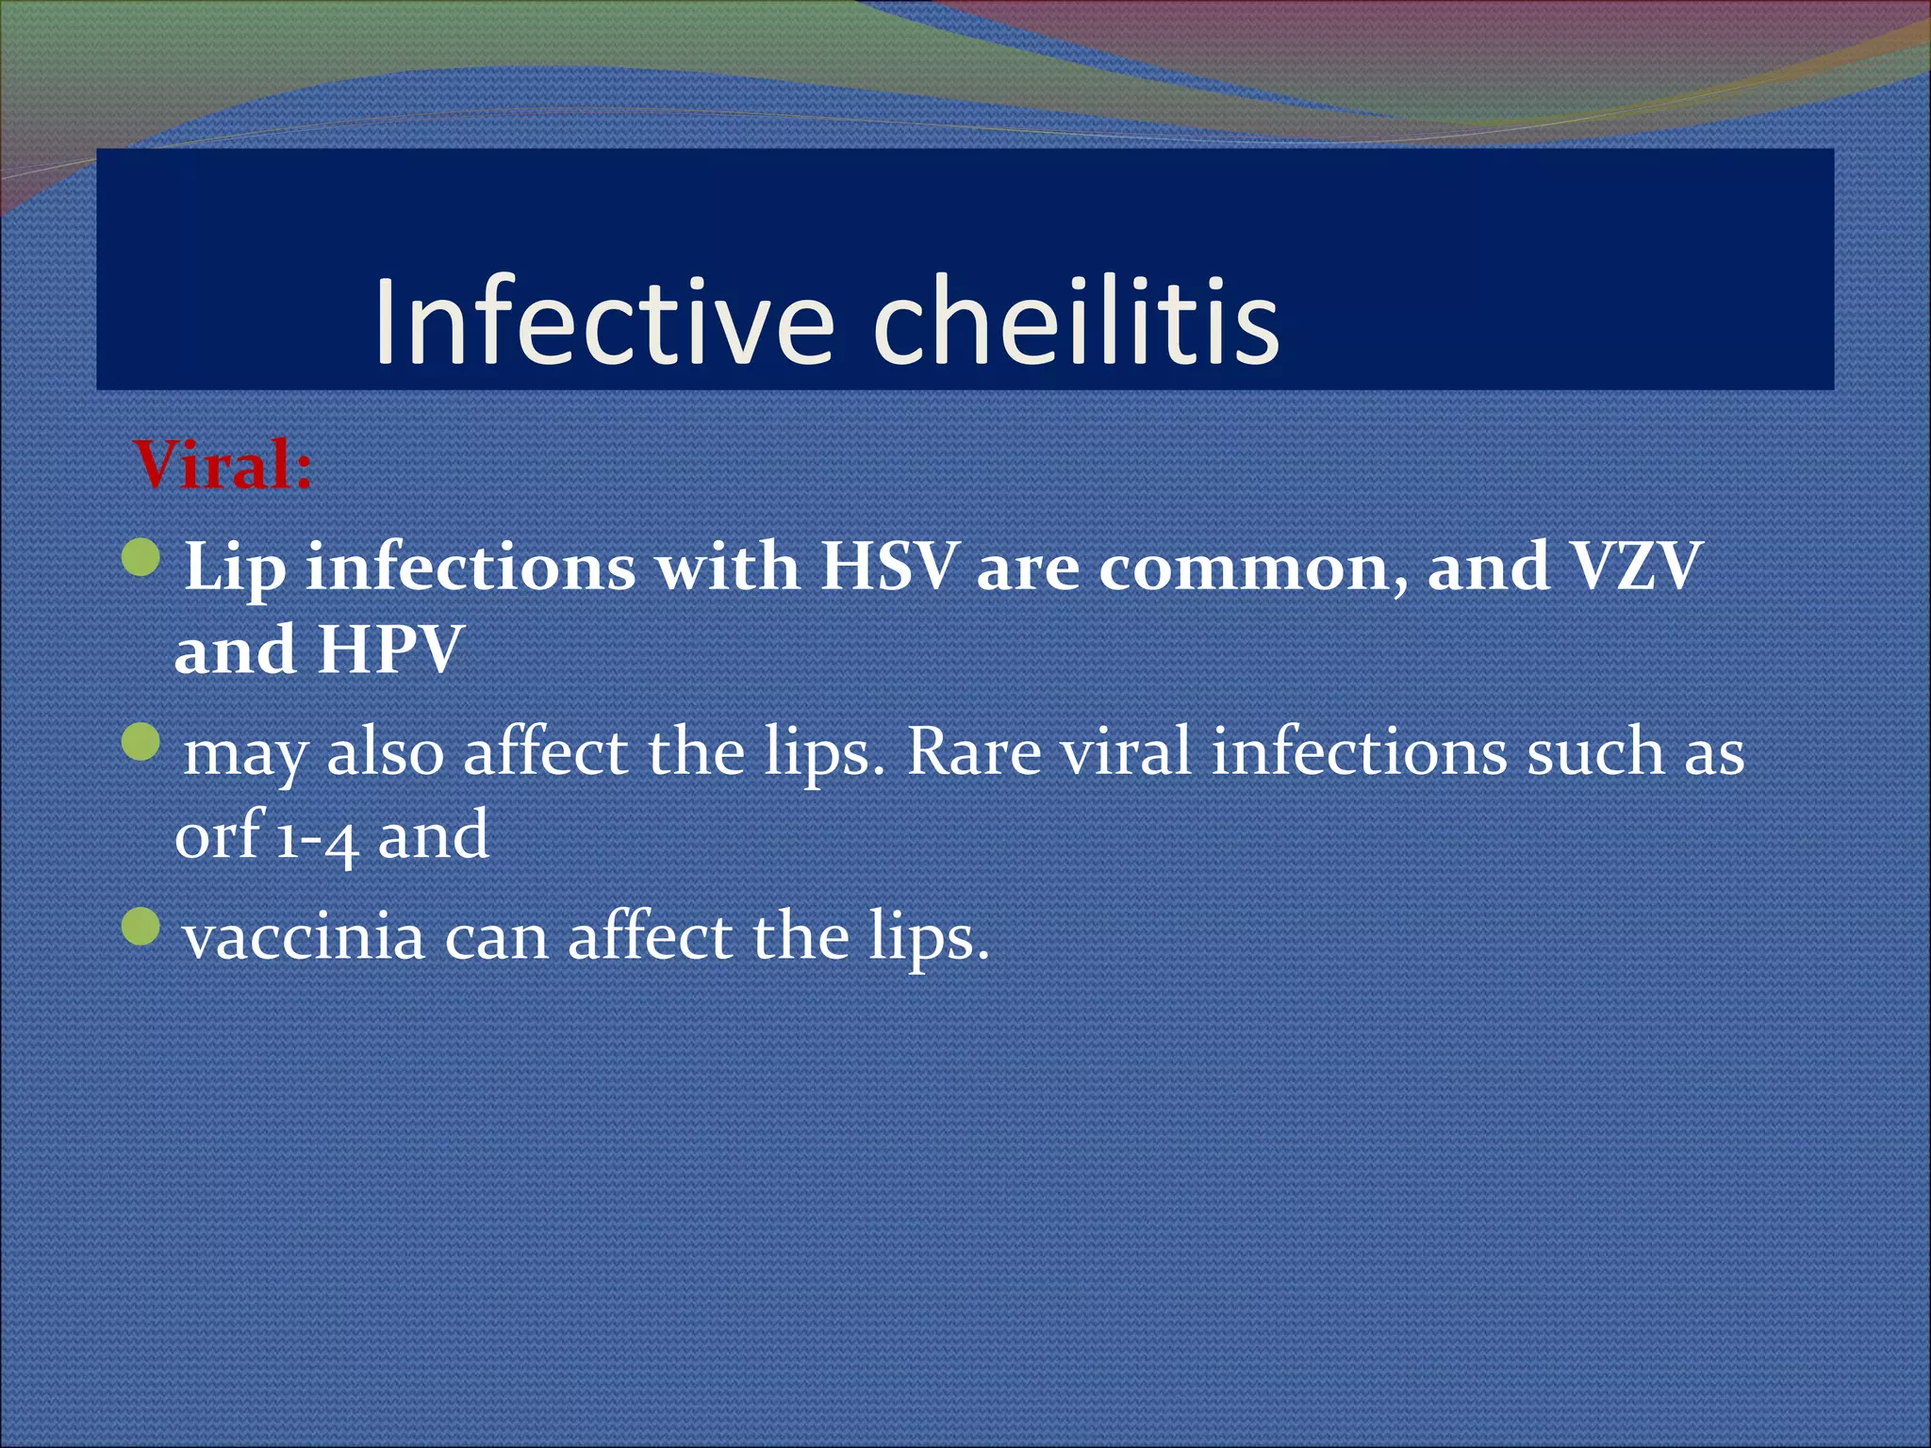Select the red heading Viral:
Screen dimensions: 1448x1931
tap(223, 466)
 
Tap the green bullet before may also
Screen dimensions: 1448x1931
tap(142, 743)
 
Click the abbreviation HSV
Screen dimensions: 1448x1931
tap(887, 568)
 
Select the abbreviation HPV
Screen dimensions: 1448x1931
tap(389, 650)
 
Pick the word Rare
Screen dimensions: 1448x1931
tap(973, 752)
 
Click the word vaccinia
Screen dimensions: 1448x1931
tap(304, 937)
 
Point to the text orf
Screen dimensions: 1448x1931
tap(218, 833)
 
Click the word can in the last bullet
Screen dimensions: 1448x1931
tap(496, 939)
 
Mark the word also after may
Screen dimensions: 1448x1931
tap(384, 752)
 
